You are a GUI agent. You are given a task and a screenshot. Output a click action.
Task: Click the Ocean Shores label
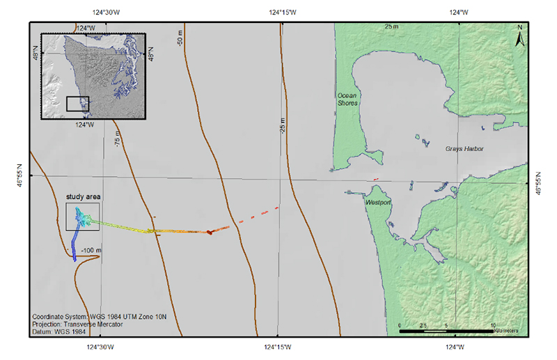(x=347, y=98)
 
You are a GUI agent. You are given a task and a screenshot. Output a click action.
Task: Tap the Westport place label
(x=378, y=203)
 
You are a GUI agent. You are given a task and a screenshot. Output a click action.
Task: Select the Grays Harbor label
(x=464, y=149)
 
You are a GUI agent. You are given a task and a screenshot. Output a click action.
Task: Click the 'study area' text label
(x=84, y=197)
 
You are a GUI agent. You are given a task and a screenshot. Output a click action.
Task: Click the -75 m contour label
(x=118, y=138)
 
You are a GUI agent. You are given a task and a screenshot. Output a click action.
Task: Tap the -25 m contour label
(x=284, y=127)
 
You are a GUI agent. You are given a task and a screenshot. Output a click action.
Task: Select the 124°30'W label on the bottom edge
(x=102, y=347)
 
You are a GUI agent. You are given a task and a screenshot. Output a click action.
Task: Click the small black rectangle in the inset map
(x=77, y=103)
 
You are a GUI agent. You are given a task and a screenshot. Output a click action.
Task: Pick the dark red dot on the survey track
(x=209, y=232)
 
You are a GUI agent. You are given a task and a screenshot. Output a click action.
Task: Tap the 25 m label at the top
(x=392, y=26)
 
